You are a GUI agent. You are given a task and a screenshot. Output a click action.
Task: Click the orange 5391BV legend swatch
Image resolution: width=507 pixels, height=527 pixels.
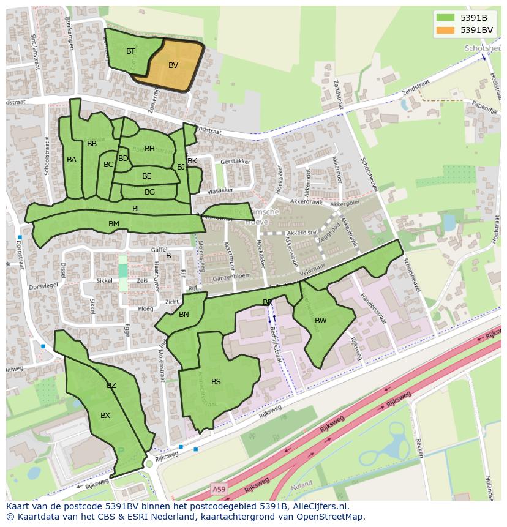pos(445,30)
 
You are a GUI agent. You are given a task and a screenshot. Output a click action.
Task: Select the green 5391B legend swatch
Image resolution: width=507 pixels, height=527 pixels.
pos(445,18)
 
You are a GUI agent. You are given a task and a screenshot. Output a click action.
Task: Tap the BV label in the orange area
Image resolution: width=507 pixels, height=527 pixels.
pos(173,65)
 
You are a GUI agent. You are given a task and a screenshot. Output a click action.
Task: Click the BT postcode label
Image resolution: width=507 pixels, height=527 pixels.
pos(130,51)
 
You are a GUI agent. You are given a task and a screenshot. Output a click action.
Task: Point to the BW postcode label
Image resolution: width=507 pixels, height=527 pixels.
pos(321,320)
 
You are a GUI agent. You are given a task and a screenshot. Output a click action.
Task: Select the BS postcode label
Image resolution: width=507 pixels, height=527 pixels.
pos(216,382)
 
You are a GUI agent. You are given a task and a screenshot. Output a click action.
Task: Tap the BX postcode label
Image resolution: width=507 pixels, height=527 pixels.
pos(105,416)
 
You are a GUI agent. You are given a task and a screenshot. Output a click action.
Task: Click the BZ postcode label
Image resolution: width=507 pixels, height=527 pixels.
pos(111,386)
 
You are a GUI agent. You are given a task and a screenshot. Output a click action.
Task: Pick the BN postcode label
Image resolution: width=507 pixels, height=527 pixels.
pos(184,315)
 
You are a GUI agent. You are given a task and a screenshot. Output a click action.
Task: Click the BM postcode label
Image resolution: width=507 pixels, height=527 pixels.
pos(114,224)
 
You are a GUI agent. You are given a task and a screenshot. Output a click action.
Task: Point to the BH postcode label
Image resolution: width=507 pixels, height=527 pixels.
pos(149,149)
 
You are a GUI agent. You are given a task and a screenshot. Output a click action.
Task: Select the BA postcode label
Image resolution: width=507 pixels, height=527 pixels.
pos(72,160)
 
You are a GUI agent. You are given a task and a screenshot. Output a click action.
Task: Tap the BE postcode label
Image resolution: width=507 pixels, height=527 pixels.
pos(147,176)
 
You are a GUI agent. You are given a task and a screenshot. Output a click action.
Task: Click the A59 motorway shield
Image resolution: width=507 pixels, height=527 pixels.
pos(219,488)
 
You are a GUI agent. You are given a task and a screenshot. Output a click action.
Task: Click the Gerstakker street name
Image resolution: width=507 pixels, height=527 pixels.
pos(236,162)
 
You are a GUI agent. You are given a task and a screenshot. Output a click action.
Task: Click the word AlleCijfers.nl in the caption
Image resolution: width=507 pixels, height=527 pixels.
pos(319,506)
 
